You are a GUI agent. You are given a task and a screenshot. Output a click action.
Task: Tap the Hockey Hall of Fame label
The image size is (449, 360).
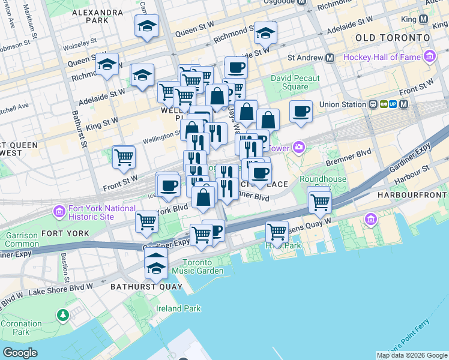click(x=382, y=58)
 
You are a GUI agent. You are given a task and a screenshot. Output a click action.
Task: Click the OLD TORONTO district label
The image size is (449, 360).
click(x=393, y=37)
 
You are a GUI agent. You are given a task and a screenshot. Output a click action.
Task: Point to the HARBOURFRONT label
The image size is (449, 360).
click(x=413, y=196)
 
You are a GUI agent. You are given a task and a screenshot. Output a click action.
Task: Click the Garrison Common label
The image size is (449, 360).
click(x=22, y=240)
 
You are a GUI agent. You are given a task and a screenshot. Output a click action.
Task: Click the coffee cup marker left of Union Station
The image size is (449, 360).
click(x=301, y=111)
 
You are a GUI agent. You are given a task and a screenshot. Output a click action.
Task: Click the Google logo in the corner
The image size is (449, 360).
click(x=20, y=353)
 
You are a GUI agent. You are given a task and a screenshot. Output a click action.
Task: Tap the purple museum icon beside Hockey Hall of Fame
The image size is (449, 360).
click(x=429, y=58)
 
